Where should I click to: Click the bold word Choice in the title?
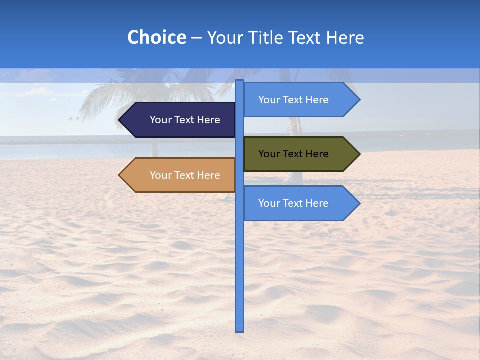pos(156,37)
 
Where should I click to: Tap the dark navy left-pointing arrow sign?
pos(177,120)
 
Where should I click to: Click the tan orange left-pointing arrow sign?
pos(177,175)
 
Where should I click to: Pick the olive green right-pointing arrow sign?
pos(300,154)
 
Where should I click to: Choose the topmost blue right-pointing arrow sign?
pos(300,100)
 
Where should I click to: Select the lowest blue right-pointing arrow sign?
pos(300,203)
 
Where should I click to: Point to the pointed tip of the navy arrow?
pos(120,120)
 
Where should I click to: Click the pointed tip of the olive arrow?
pos(359,154)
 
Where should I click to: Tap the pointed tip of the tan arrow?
pos(120,175)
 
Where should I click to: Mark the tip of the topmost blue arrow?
pos(359,100)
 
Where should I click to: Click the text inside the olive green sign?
pos(293,154)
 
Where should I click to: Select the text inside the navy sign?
pos(185,120)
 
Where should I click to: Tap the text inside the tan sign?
pos(185,175)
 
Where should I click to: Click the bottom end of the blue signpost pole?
pos(240,330)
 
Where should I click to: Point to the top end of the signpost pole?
pos(240,81)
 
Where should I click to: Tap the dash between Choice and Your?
pos(196,38)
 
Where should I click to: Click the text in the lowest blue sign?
pos(293,203)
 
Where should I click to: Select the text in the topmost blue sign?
pos(293,100)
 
